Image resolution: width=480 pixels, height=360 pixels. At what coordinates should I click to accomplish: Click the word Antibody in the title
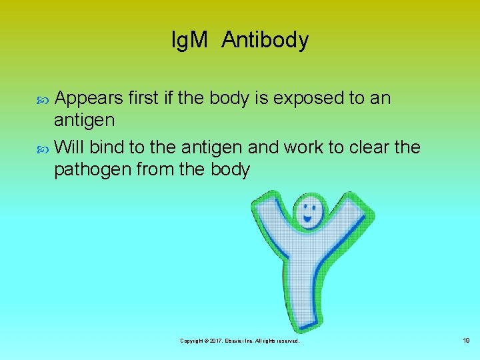(265, 41)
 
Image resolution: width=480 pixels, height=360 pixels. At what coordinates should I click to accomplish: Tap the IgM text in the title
(191, 41)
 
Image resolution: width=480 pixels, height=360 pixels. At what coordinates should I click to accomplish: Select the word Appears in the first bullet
(89, 99)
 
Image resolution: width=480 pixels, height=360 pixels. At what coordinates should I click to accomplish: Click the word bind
(107, 146)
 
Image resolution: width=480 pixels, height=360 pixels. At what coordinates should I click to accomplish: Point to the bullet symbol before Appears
(45, 99)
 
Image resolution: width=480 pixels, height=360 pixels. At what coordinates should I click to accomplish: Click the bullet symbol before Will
(45, 147)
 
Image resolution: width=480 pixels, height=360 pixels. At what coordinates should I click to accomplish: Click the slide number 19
(466, 341)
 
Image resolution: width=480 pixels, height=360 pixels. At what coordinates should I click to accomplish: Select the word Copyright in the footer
(192, 341)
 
